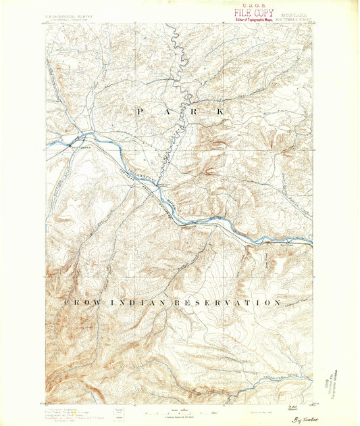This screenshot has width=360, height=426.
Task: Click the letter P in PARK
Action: (x=140, y=111)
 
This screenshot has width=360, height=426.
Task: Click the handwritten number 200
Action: (x=292, y=408)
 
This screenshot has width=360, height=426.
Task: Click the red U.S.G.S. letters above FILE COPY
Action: (x=253, y=4)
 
